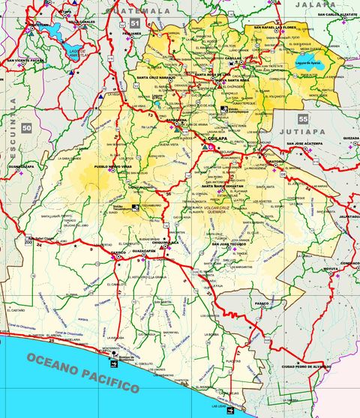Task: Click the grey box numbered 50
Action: point(28,128)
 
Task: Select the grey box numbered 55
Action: point(303,119)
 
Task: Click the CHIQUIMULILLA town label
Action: point(164,243)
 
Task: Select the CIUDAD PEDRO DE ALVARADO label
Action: point(307,366)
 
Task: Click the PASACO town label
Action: point(261,303)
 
